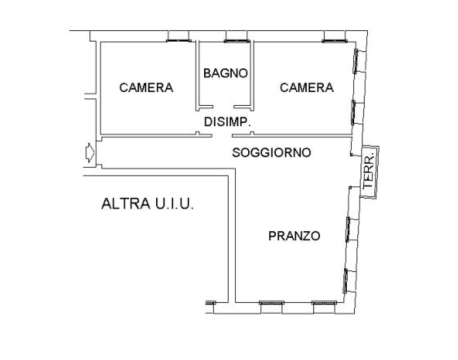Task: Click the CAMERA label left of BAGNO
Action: [x=147, y=87]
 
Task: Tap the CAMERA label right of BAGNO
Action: [x=305, y=87]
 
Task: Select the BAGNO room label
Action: [x=226, y=73]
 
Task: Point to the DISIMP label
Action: [x=226, y=122]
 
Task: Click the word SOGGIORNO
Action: [x=273, y=153]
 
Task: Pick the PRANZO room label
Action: [x=294, y=236]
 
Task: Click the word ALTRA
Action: [x=125, y=204]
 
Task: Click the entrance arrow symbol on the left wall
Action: [x=90, y=153]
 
